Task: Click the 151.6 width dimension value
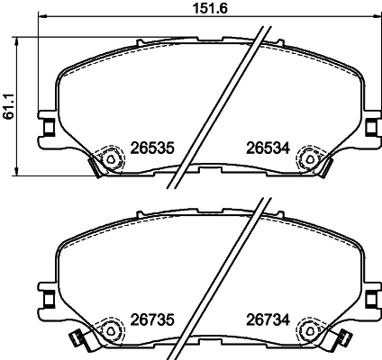[x=210, y=8]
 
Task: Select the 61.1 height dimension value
[x=9, y=106]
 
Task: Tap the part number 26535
[x=152, y=148]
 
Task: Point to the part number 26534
[x=268, y=148]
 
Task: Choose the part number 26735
[x=152, y=319]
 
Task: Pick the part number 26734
[x=268, y=319]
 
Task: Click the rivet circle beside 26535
[x=111, y=159]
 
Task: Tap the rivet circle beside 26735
[x=110, y=330]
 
